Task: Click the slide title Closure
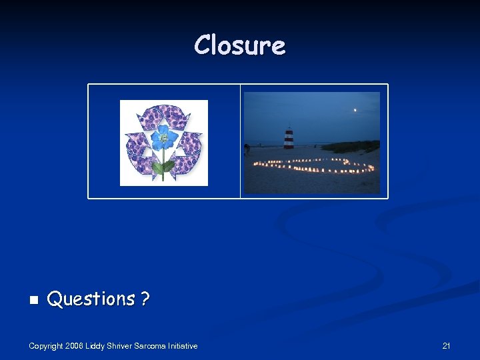[x=240, y=45]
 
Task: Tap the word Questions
[x=91, y=299]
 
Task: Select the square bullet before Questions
[x=33, y=301]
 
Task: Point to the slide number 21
[x=446, y=345]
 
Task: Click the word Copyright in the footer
[x=46, y=346]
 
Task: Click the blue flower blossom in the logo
[x=163, y=138]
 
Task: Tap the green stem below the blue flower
[x=162, y=167]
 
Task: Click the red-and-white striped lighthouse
[x=289, y=138]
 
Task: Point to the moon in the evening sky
[x=355, y=110]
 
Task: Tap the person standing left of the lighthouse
[x=247, y=149]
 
